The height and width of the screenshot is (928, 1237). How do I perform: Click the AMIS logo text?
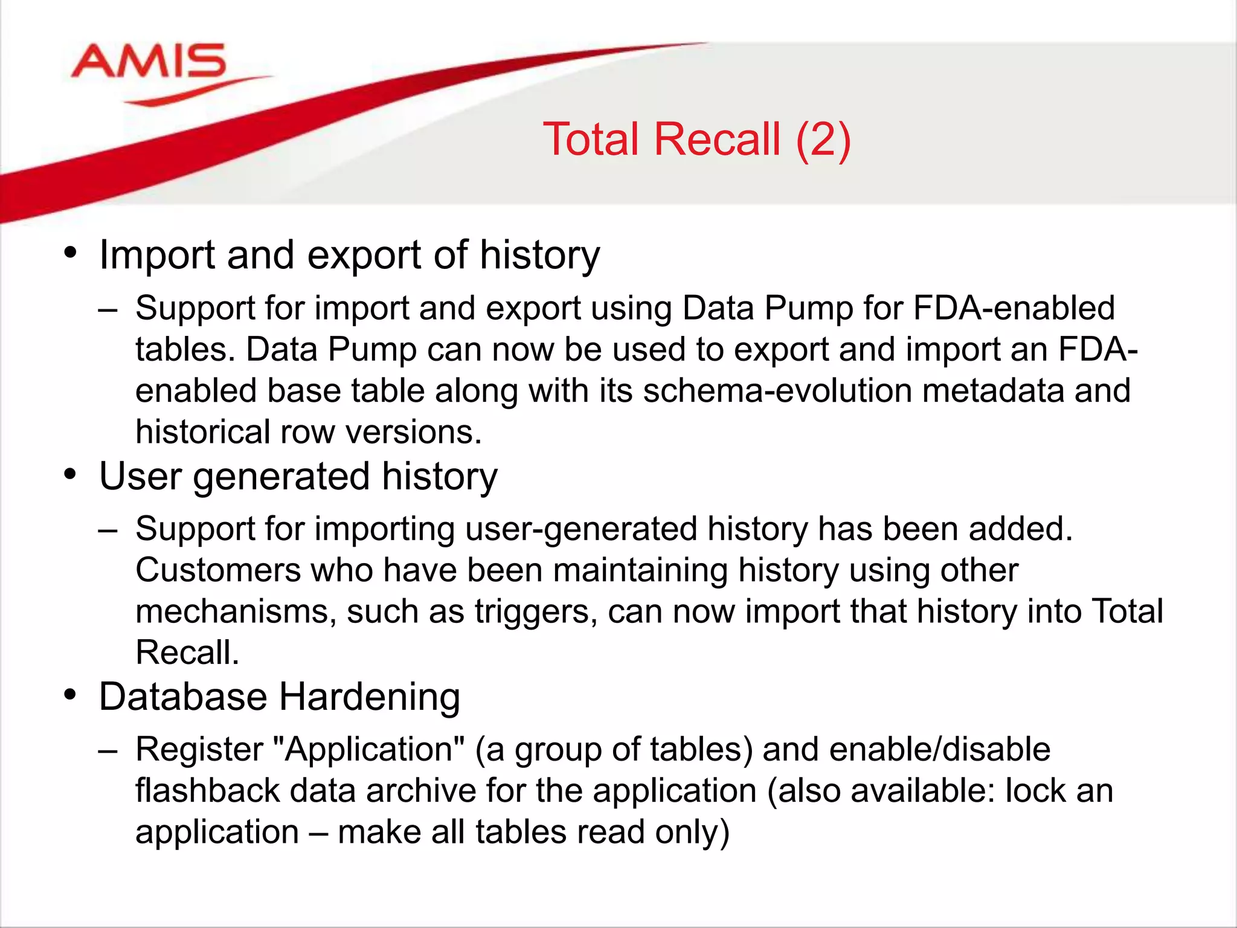click(149, 62)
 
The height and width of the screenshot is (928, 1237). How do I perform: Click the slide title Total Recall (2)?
click(696, 140)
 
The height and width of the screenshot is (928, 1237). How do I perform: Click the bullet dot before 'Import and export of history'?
click(71, 253)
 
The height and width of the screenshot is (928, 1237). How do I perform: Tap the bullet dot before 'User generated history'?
click(71, 474)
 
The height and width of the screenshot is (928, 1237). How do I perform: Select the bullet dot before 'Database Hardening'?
click(71, 695)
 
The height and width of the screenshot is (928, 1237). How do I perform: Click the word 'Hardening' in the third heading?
click(369, 697)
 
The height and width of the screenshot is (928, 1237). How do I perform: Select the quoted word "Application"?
click(369, 749)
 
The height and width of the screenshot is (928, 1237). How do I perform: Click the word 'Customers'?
click(217, 570)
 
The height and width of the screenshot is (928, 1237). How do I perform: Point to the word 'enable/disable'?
click(939, 749)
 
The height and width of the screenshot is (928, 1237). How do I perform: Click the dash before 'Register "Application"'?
click(108, 750)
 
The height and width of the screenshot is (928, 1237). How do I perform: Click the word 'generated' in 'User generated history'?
click(281, 477)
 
